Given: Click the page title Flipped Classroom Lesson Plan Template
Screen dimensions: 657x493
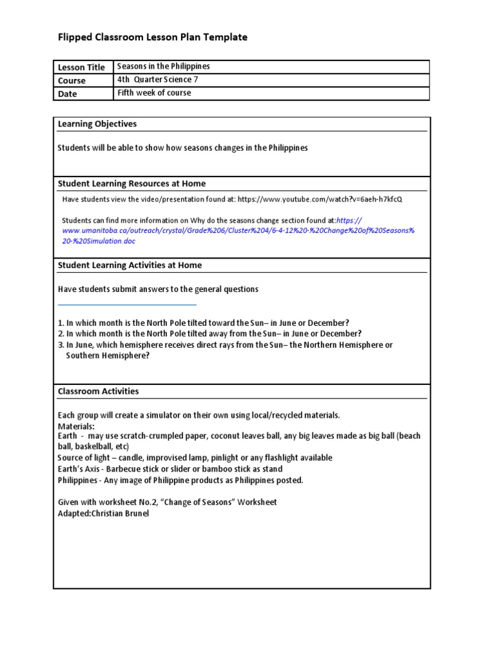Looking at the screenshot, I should [x=152, y=37].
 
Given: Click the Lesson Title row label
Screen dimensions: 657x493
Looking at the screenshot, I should [x=82, y=67].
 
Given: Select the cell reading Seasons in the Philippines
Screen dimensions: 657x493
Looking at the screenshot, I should [x=164, y=67].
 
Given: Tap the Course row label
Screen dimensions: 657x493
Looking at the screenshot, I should [x=72, y=81].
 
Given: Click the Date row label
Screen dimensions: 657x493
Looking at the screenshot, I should [x=67, y=94].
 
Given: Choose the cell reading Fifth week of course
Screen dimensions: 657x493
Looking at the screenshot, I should [x=154, y=93].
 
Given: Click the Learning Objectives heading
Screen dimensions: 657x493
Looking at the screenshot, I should [x=98, y=124].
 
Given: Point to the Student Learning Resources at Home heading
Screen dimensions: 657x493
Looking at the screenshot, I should [x=132, y=183].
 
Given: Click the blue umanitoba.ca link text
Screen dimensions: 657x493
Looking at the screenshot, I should [x=238, y=230].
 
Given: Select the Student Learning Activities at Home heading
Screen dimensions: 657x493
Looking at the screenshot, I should [x=130, y=265].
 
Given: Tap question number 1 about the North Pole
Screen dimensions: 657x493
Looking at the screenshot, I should [x=203, y=323].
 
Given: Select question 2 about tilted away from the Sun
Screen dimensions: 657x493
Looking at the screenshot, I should [x=210, y=334].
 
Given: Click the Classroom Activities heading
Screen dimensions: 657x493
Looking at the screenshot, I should [x=98, y=391].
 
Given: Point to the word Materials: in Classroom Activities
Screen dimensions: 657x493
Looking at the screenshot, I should [x=76, y=426].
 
